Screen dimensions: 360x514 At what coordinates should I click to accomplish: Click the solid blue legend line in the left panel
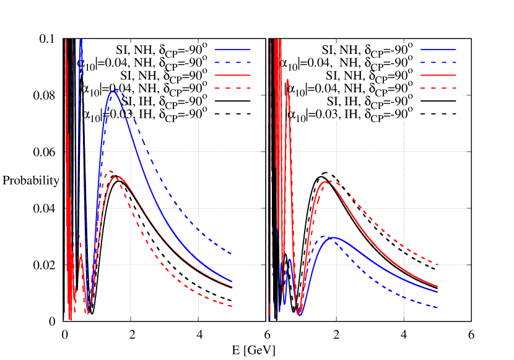tap(233, 49)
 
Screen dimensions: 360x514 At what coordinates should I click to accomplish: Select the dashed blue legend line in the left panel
tap(233, 62)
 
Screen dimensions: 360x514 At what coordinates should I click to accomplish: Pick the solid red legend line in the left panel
tap(233, 75)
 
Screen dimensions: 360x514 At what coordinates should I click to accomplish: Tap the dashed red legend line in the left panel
tap(233, 88)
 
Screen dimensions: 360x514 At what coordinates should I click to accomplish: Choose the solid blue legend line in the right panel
tap(438, 49)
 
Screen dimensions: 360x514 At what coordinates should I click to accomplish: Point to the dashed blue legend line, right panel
tap(438, 62)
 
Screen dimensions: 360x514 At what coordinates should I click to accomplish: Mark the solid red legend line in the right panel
tap(438, 75)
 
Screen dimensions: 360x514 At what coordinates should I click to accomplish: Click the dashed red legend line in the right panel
tap(438, 88)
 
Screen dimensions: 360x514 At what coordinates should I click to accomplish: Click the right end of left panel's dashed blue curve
tap(232, 254)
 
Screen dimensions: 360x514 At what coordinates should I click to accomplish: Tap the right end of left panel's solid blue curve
tap(232, 282)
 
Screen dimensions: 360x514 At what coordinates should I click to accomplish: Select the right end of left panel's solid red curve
tap(232, 287)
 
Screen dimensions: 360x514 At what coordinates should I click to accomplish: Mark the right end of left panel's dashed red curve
tap(232, 306)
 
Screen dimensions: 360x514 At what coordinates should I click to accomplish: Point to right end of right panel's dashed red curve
tap(438, 265)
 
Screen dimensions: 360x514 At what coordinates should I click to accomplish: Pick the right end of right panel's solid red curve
tap(438, 287)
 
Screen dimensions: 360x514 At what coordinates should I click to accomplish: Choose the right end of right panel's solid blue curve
tap(438, 292)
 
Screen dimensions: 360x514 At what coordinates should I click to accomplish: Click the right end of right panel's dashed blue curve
tap(438, 307)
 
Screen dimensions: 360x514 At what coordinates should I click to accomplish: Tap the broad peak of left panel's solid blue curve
tap(114, 90)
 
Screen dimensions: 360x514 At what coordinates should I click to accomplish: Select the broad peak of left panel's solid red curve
tap(115, 177)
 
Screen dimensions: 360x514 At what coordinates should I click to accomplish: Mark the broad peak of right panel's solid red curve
tap(325, 181)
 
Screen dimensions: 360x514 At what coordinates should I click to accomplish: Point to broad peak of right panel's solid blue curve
tap(334, 237)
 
